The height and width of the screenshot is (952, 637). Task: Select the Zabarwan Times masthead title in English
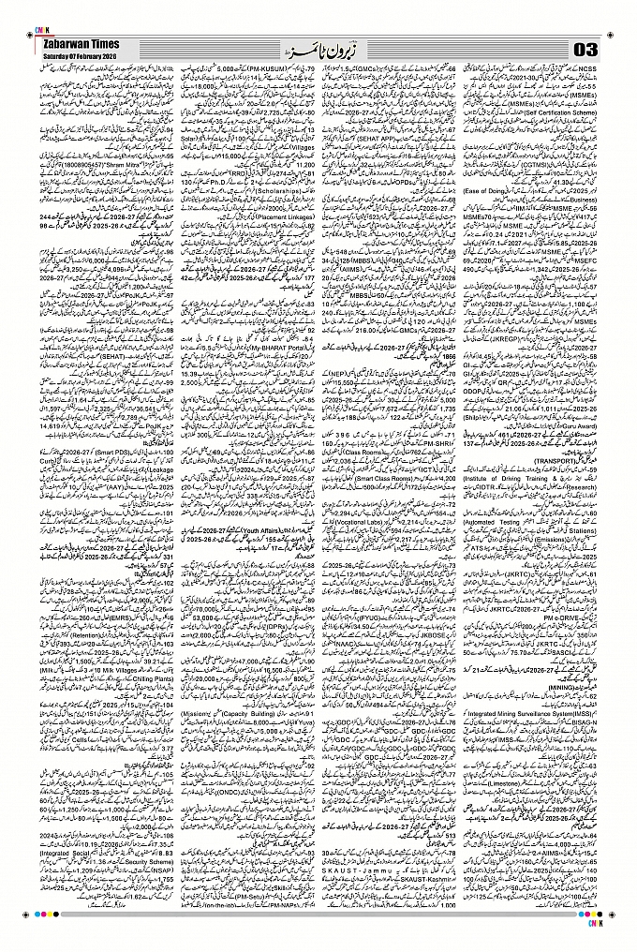pos(74,42)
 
